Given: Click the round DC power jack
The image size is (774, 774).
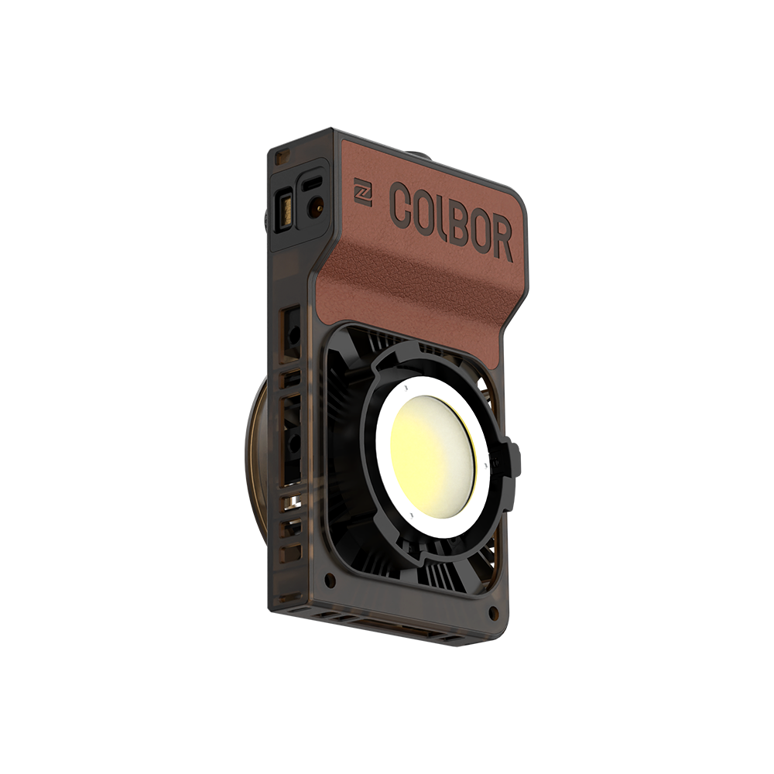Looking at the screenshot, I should click(316, 207).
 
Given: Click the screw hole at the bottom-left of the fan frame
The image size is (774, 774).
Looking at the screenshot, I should click(330, 577).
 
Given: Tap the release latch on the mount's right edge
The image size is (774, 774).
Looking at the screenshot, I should click(513, 461).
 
